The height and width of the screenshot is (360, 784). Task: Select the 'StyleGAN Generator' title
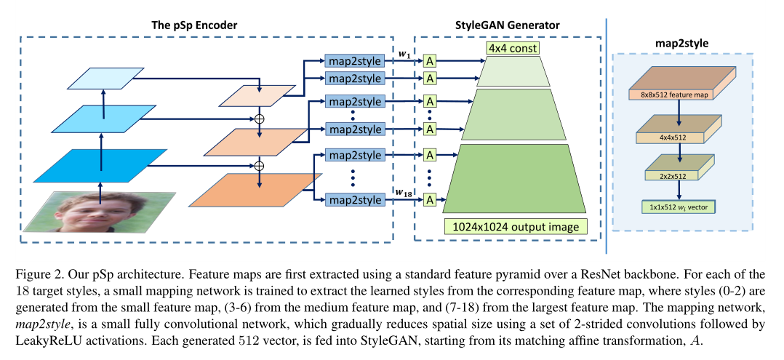[508, 25]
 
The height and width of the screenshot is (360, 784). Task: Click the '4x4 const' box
[512, 49]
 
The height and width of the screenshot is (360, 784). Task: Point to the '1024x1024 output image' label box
[513, 227]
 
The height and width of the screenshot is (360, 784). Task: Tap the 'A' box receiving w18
[430, 199]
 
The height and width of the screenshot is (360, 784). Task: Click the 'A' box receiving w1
[430, 61]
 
